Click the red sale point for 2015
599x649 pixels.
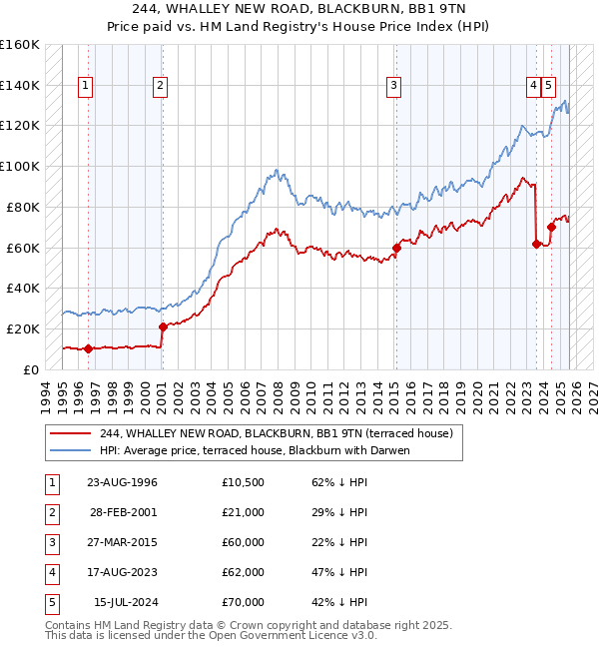(x=396, y=247)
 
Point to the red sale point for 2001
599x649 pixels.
(x=163, y=326)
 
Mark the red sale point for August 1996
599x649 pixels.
(x=88, y=348)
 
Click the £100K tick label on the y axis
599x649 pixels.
(x=20, y=166)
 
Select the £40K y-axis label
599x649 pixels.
(x=23, y=288)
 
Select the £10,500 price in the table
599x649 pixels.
(x=244, y=482)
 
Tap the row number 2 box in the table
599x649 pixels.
(x=50, y=512)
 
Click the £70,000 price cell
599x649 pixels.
(x=244, y=602)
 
